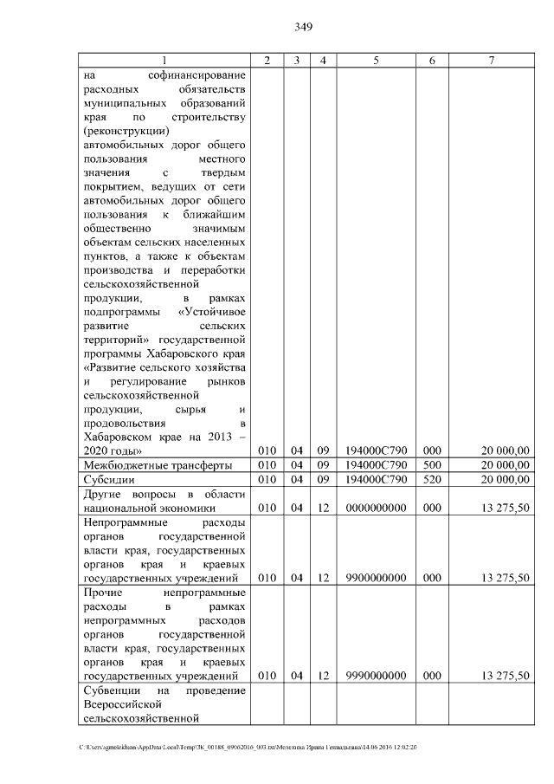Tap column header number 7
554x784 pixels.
[x=491, y=60]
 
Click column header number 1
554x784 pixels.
[x=164, y=60]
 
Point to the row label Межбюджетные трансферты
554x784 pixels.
[x=157, y=465]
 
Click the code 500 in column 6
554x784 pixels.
[x=431, y=465]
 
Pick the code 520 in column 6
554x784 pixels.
[x=431, y=479]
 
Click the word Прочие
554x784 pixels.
[x=102, y=593]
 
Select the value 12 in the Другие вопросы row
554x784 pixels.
[x=322, y=508]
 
